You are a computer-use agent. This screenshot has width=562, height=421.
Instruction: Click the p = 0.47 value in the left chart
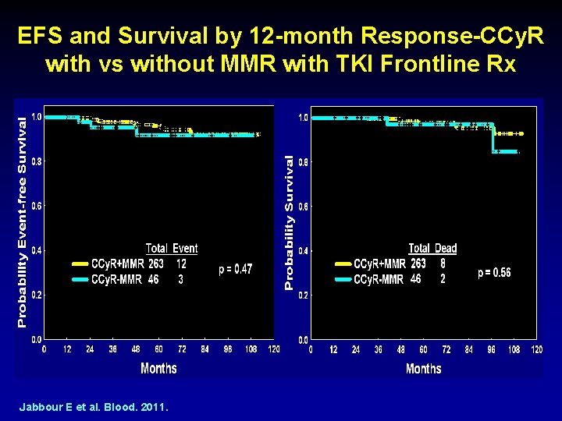(235, 269)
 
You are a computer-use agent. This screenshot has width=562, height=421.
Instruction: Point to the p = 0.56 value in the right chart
(494, 272)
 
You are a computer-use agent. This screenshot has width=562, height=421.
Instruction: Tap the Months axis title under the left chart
(158, 368)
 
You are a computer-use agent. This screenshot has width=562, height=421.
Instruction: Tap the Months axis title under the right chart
(423, 369)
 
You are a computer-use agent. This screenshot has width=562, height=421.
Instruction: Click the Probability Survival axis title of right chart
(289, 222)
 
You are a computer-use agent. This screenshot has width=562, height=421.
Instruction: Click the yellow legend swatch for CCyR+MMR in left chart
(80, 264)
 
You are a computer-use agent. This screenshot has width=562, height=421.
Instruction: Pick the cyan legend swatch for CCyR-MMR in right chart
(343, 279)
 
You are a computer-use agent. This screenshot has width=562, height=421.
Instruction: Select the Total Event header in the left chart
(172, 249)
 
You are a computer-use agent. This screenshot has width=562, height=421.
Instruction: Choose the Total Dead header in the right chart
(432, 249)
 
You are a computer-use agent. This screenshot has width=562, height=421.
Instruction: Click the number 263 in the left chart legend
(156, 264)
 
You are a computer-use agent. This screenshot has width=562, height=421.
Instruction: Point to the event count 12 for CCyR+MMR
(181, 264)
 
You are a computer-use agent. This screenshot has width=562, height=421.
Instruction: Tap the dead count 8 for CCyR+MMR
(443, 264)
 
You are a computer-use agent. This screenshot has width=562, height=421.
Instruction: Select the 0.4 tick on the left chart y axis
(37, 251)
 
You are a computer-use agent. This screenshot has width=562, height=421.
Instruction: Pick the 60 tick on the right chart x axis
(424, 350)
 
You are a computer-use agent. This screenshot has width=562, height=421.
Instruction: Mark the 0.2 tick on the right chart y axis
(302, 295)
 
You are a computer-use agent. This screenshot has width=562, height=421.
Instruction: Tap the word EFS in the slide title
(37, 36)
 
